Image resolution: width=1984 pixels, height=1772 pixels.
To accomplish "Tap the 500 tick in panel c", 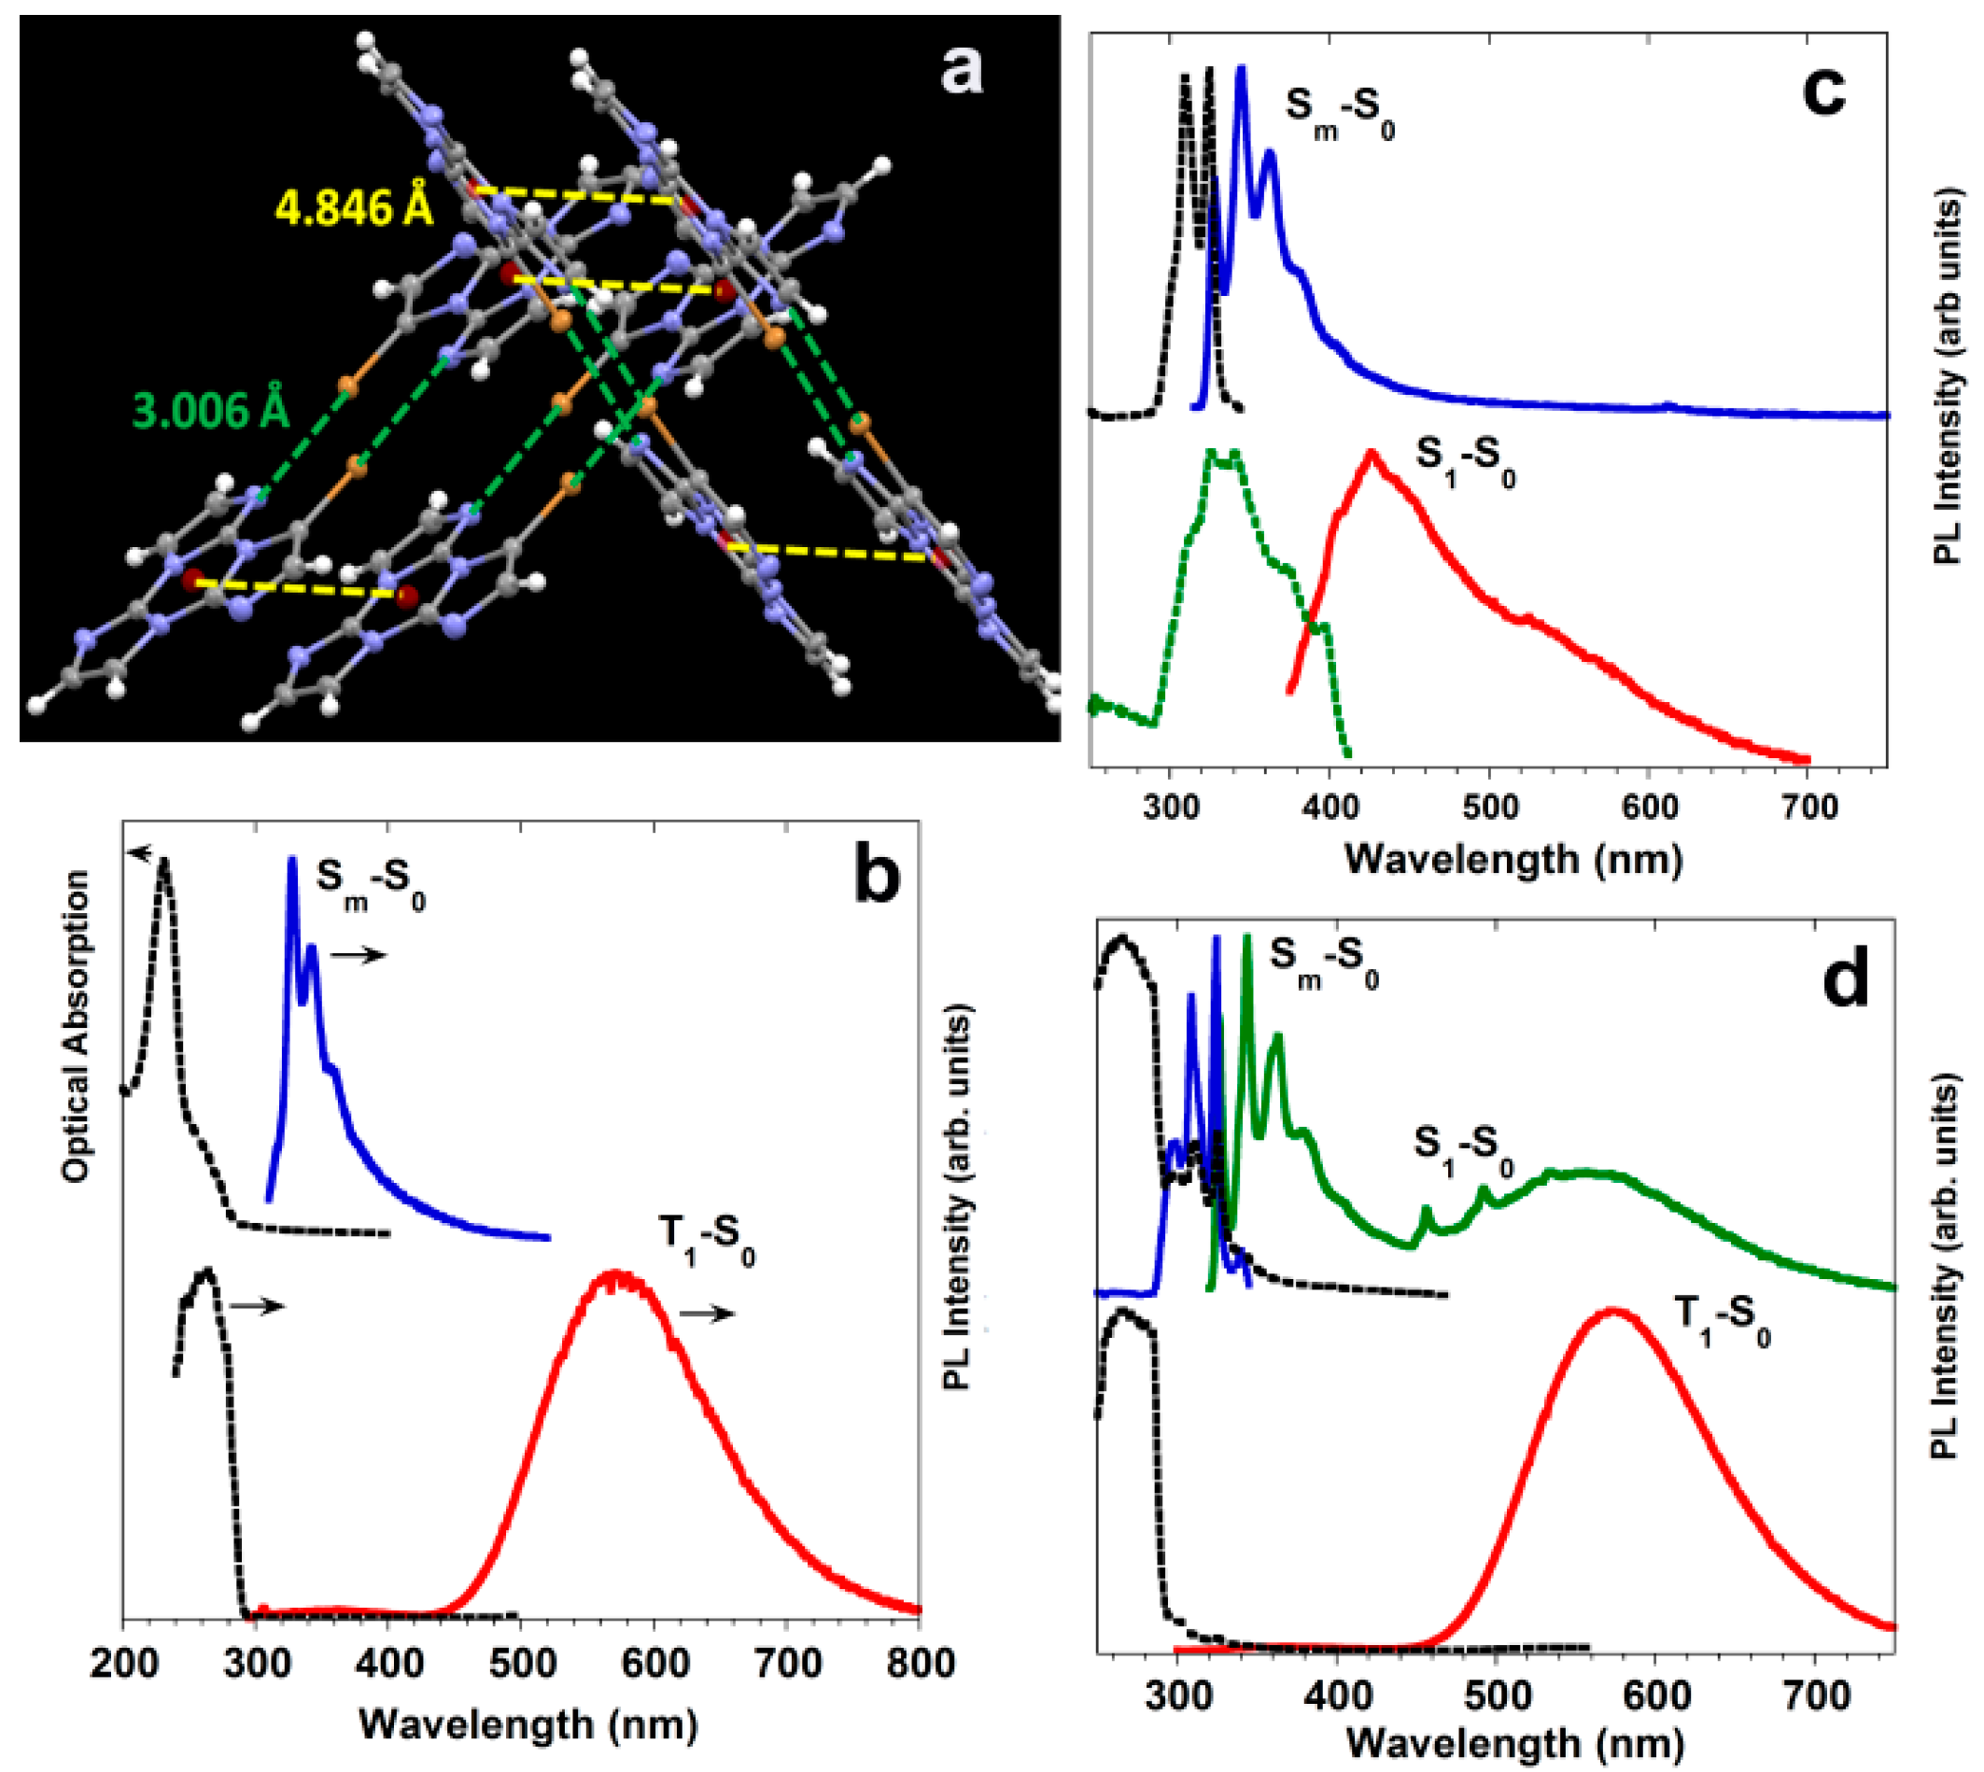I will coord(1489,808).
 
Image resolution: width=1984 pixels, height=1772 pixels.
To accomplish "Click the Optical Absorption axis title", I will coord(75,1026).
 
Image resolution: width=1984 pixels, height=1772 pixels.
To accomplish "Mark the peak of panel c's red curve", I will coord(1372,454).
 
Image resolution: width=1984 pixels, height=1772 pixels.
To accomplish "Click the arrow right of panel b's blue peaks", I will coord(359,956).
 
